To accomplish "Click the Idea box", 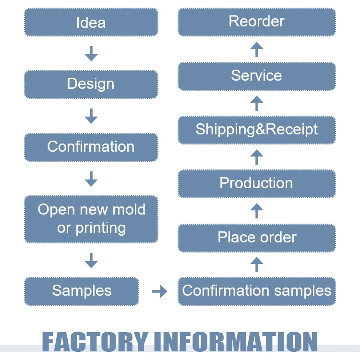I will [91, 22].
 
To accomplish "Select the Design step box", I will [91, 84].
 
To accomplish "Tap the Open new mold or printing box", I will [91, 219].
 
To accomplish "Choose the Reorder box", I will [257, 22].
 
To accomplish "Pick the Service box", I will [257, 76].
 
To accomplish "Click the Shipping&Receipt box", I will [257, 130].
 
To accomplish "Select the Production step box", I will [257, 183].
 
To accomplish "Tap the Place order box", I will [257, 238].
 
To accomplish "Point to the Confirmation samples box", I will [257, 291].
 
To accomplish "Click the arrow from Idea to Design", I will [91, 53].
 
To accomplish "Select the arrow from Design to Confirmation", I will [91, 116].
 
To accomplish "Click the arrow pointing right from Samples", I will [159, 291].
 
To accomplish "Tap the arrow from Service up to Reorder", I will [257, 49].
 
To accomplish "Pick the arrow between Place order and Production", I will [257, 211].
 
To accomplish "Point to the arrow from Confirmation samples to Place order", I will [257, 264].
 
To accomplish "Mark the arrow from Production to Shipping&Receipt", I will [257, 157].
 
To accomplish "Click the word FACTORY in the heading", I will [95, 342].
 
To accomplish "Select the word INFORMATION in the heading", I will [235, 342].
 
